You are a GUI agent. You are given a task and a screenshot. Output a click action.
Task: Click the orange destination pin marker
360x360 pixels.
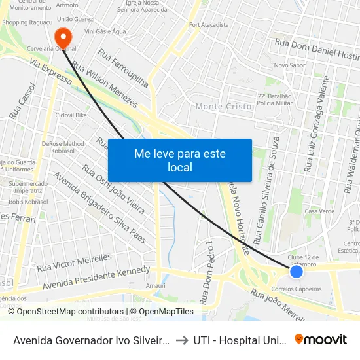pos(63,36)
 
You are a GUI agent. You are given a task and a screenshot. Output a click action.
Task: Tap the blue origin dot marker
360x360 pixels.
pos(296,271)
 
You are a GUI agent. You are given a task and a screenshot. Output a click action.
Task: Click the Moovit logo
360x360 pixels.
pos(320,339)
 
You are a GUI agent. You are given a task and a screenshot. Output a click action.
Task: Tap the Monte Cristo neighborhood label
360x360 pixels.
pos(223,106)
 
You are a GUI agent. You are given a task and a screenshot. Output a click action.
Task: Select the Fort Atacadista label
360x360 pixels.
pos(209,25)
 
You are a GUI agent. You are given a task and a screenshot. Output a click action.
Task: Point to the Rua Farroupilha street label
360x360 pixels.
pos(124,67)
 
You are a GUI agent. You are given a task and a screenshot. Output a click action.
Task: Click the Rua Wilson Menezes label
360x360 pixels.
pos(105,85)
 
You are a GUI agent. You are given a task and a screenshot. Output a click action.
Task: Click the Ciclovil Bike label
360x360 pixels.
pos(71,115)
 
